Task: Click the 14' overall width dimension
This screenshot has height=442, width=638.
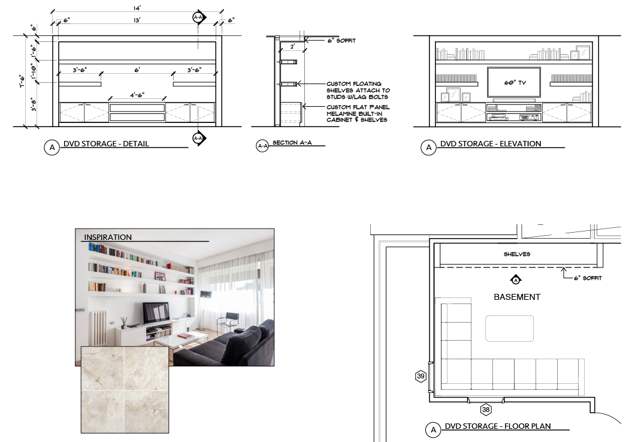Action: click(137, 8)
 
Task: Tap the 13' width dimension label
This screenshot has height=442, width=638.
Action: click(137, 20)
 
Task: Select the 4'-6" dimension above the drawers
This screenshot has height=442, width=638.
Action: click(137, 95)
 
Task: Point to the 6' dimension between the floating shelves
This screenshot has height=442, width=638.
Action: click(137, 70)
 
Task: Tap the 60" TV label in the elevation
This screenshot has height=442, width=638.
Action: click(515, 83)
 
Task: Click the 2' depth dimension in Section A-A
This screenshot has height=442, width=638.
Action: click(292, 47)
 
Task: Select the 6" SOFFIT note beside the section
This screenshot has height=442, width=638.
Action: click(341, 40)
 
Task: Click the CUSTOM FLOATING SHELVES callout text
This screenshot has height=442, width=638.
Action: click(358, 90)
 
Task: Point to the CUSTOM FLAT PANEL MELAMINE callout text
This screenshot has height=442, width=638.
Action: click(358, 113)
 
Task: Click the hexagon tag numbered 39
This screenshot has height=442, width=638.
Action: click(421, 376)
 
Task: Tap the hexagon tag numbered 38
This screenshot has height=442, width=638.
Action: click(486, 410)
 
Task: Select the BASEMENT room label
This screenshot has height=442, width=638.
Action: click(517, 297)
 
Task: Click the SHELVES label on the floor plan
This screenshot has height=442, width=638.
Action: click(517, 254)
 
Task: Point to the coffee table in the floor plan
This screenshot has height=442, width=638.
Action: click(509, 328)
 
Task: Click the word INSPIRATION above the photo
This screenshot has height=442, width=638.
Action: click(108, 237)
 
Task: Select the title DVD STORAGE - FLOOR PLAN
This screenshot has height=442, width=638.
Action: click(498, 426)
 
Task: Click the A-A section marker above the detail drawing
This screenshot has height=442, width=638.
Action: click(198, 17)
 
